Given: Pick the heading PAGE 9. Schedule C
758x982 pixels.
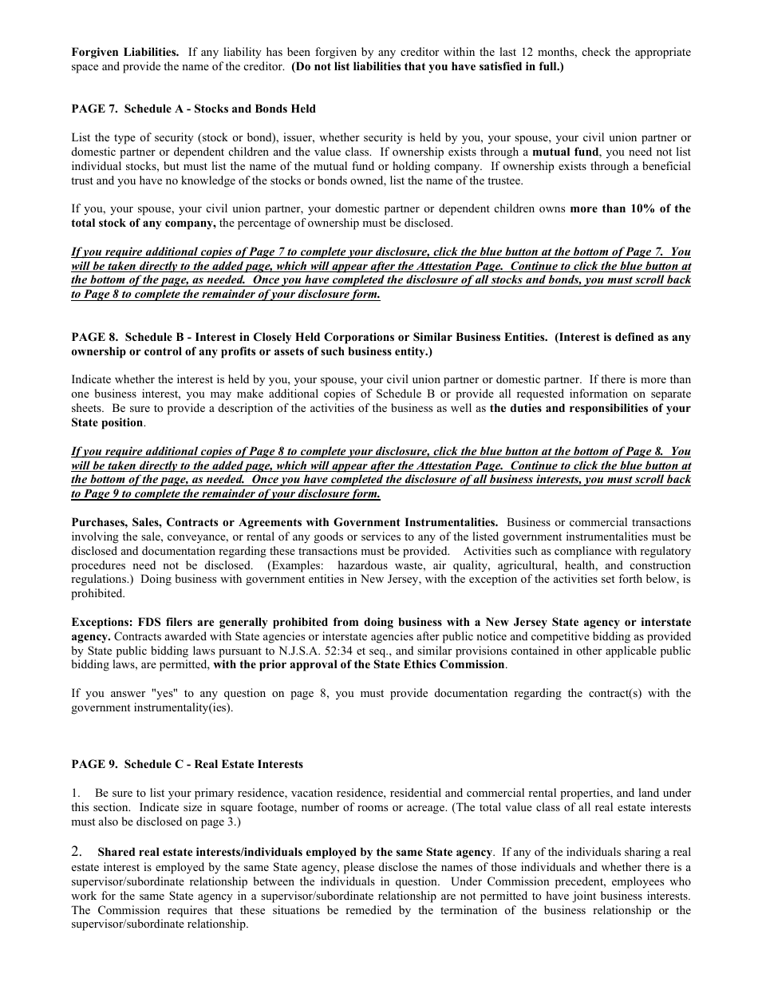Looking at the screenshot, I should [187, 765].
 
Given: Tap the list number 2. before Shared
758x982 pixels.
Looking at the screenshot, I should [77, 852].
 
